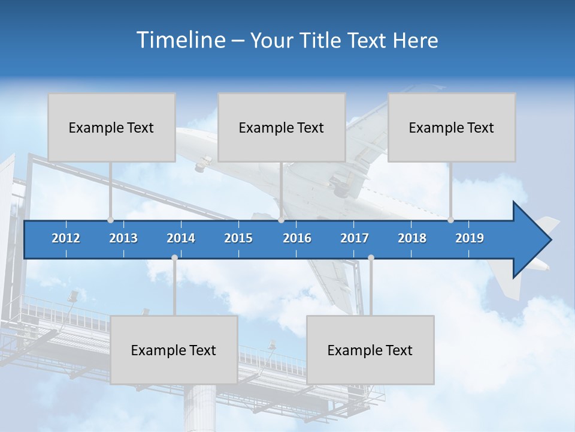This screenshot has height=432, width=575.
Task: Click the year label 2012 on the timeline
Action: [66, 238]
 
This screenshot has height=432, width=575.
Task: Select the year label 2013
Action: [123, 238]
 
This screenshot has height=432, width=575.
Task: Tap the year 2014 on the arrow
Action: [181, 238]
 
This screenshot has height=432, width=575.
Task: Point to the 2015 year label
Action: [238, 238]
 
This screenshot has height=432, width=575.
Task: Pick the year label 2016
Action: [297, 238]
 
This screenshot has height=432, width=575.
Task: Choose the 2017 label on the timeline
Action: [355, 238]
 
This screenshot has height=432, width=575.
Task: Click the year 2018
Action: [412, 238]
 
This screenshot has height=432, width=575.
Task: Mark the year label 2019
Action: [470, 238]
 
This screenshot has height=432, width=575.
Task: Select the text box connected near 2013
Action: [111, 127]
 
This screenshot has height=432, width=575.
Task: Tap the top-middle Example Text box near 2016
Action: [282, 127]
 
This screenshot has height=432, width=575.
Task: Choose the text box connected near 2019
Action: [452, 127]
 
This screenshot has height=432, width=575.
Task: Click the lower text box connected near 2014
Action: [174, 350]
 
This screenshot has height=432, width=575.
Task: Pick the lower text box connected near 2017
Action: [370, 350]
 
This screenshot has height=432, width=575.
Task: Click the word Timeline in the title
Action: [181, 40]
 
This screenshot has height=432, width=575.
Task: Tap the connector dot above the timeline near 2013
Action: [110, 220]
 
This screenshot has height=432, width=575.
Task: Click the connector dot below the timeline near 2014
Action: [174, 258]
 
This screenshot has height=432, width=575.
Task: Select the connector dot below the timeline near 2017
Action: [371, 258]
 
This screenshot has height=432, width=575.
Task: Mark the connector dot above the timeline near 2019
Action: [450, 220]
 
